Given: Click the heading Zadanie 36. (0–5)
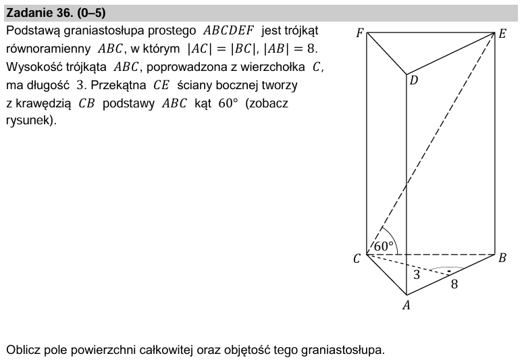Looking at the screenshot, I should (55, 13).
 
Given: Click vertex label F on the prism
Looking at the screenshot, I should (359, 32).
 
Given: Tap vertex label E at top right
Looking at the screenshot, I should (502, 33).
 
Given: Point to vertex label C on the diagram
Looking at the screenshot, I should (357, 258).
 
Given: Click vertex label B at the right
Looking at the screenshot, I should (502, 257).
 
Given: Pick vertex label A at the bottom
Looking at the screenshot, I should (406, 305).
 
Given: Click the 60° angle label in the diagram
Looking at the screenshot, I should (384, 247).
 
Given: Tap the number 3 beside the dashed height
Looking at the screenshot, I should (417, 275).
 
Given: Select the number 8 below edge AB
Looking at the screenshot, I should (454, 284).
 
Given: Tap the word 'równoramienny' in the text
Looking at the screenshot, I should (49, 49).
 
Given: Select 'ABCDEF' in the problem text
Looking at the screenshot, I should (227, 31).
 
